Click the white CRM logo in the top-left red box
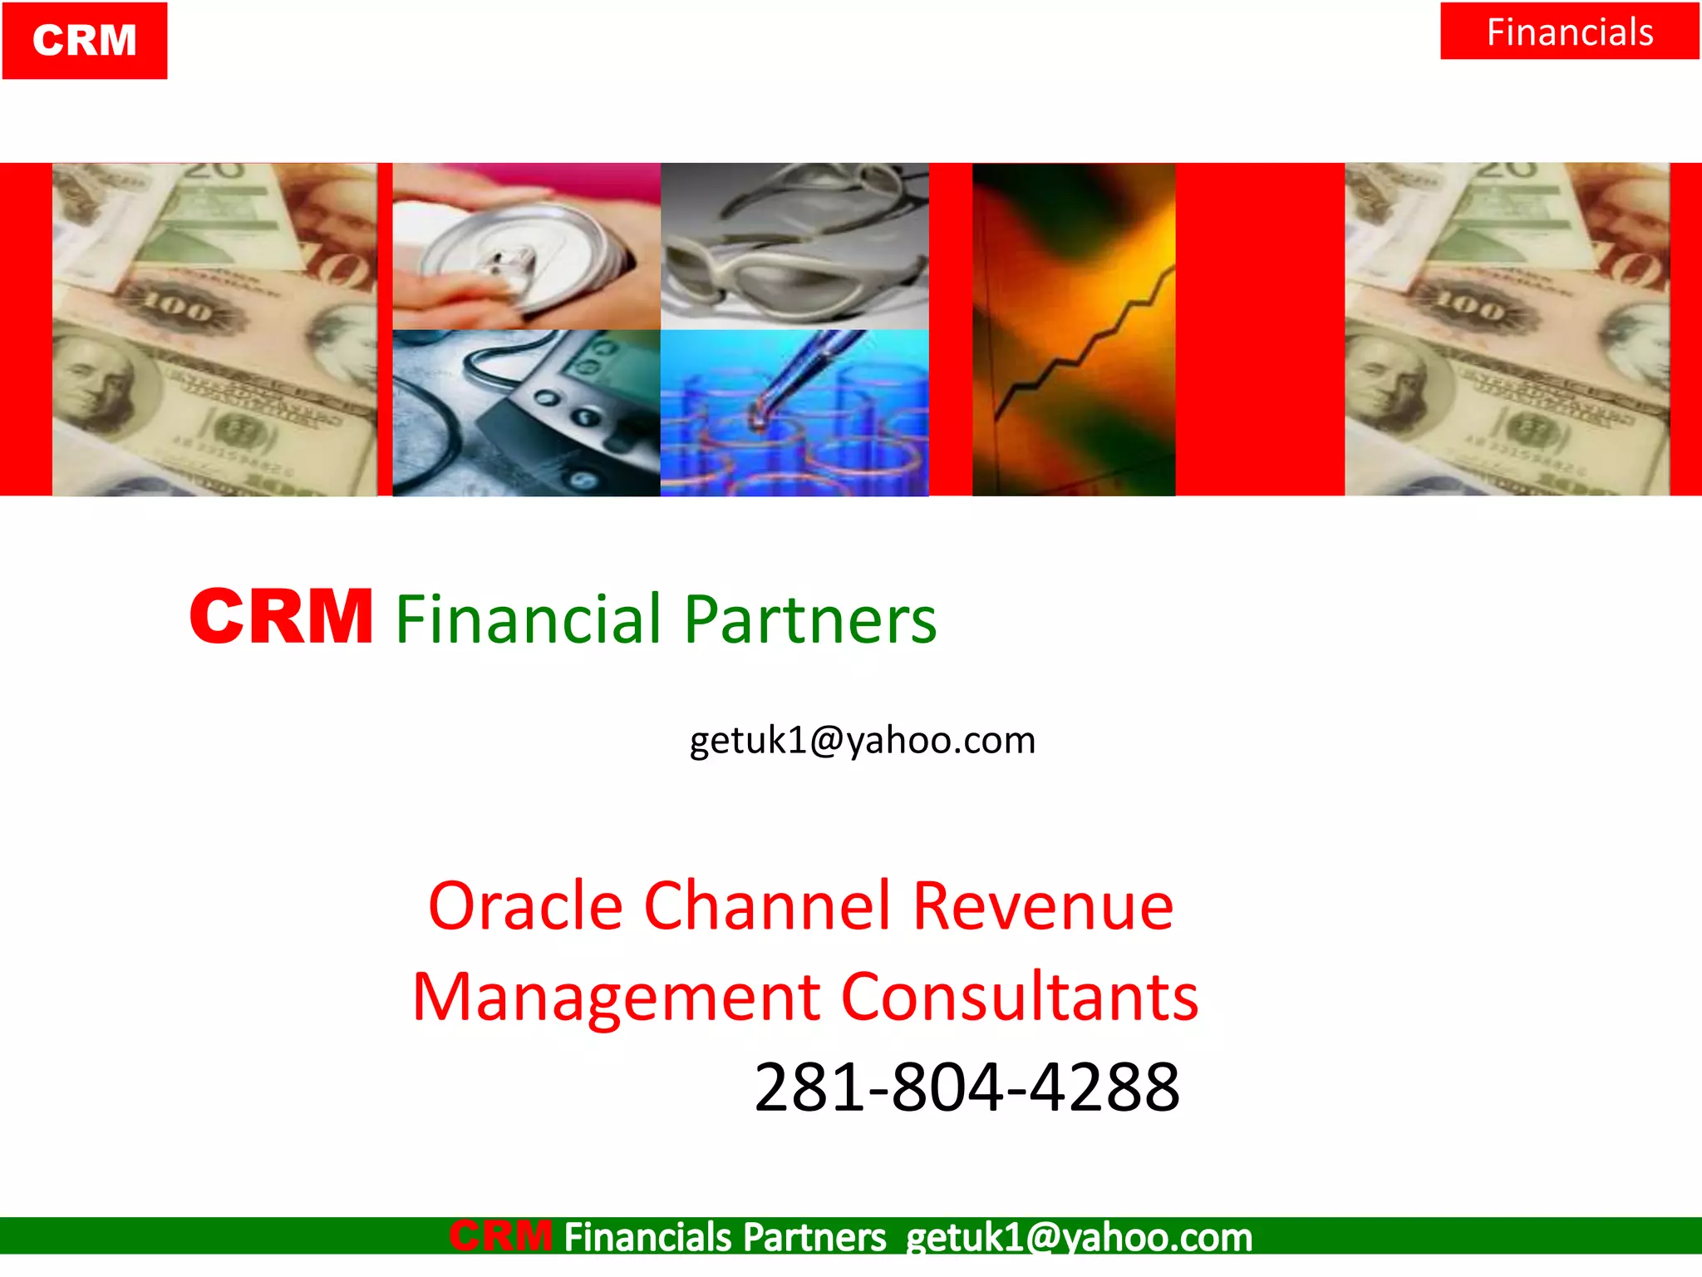(85, 41)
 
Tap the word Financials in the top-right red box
(1569, 32)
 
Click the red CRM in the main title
(281, 617)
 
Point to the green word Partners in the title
(810, 619)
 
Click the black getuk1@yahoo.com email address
(863, 740)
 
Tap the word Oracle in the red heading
(525, 906)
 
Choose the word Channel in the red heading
(767, 906)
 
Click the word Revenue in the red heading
(1043, 906)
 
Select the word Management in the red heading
(617, 998)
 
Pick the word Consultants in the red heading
(1020, 998)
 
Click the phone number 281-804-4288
(967, 1087)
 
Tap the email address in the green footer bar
(1079, 1237)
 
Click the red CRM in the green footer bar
(501, 1236)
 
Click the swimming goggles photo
(794, 246)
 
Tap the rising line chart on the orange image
(1080, 349)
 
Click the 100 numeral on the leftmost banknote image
(177, 309)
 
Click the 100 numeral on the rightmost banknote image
(1469, 308)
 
